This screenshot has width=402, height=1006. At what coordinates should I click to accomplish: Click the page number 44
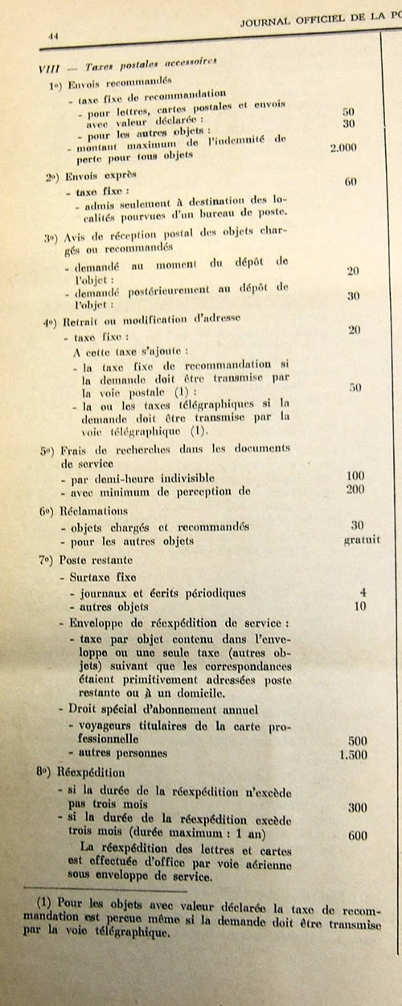55,36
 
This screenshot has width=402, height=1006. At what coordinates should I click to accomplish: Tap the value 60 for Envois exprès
351,182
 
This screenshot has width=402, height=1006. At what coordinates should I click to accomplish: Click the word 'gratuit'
362,540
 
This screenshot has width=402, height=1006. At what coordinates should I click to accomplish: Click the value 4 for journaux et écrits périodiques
363,592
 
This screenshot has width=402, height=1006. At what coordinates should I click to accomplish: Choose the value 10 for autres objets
359,606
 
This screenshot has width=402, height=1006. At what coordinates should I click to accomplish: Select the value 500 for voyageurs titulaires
356,739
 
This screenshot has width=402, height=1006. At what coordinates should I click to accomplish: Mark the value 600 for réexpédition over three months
358,836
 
